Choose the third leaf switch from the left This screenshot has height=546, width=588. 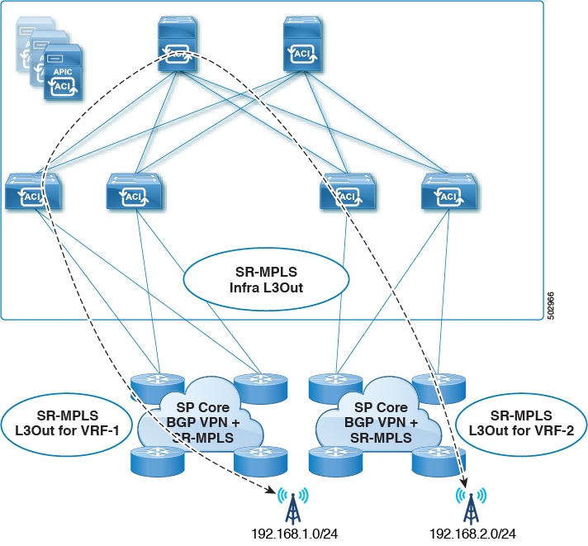point(346,193)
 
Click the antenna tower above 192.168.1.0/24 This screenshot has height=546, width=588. point(293,503)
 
